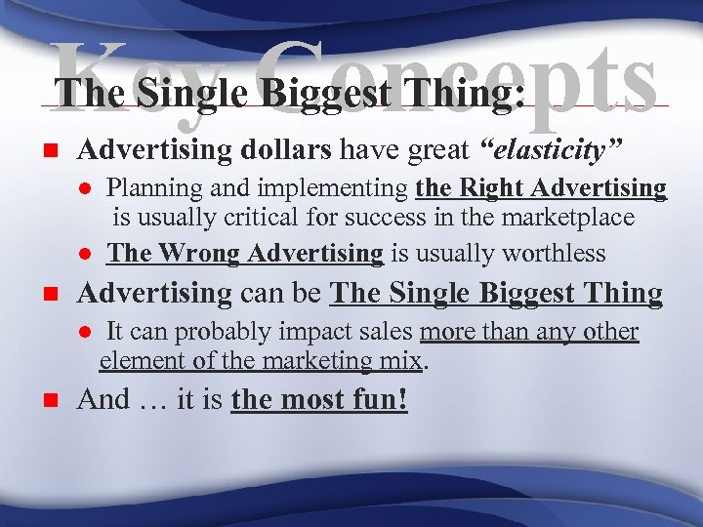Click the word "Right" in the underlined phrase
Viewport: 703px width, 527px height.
[x=496, y=186]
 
